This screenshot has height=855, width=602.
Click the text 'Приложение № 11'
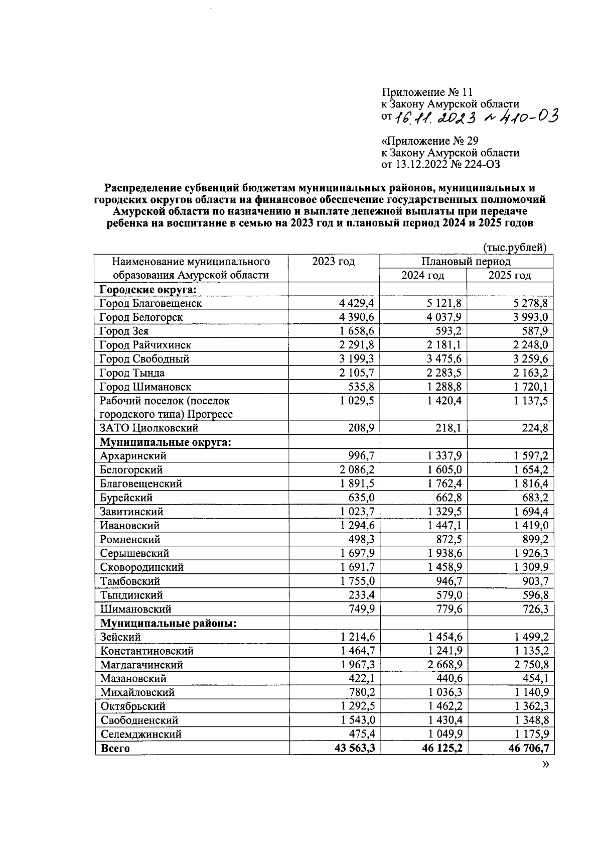427,92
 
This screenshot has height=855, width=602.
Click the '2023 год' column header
333,262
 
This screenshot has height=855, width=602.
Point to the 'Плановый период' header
466,262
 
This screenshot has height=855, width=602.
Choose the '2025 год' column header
509,275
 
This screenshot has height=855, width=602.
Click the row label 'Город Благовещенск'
150,303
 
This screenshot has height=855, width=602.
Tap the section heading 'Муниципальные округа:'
165,442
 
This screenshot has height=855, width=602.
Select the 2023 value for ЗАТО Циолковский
360,428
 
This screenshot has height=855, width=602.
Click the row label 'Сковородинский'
142,567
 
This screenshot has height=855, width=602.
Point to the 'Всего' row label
115,749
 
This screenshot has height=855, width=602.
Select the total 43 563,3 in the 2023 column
355,749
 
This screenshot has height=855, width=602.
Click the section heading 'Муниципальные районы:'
168,624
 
